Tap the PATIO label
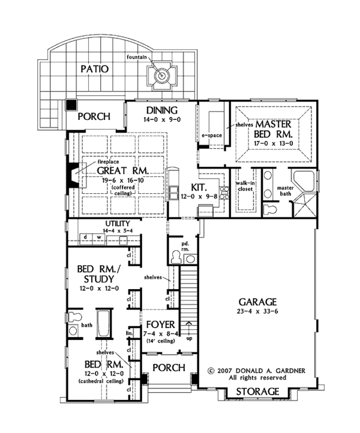(94, 69)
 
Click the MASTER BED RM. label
(273, 129)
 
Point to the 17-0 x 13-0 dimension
(274, 143)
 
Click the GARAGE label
(257, 302)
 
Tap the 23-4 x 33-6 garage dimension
(257, 311)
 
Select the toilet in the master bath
(269, 209)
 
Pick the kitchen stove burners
(224, 193)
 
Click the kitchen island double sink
(174, 193)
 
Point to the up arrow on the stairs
(189, 328)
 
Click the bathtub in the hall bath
(104, 324)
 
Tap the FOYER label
(161, 324)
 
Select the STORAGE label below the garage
(257, 392)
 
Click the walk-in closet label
(244, 186)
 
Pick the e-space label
(212, 136)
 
